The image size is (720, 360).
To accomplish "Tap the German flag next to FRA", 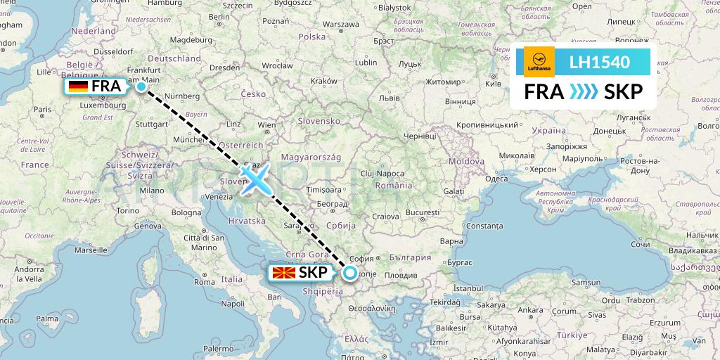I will click(77, 86).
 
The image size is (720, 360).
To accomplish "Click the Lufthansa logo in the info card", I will click(539, 62).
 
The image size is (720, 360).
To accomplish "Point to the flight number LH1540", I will click(600, 63).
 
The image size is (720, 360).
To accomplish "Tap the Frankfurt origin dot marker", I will click(141, 86).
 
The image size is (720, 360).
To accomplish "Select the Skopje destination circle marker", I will click(349, 273).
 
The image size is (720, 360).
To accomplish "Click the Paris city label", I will click(43, 109).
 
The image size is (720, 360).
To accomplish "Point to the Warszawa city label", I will click(335, 24).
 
